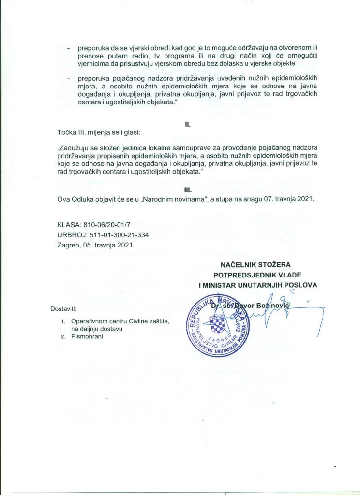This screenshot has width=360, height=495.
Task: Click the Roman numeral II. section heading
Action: pos(188,124)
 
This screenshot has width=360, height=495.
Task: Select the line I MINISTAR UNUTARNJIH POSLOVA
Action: pos(258,285)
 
